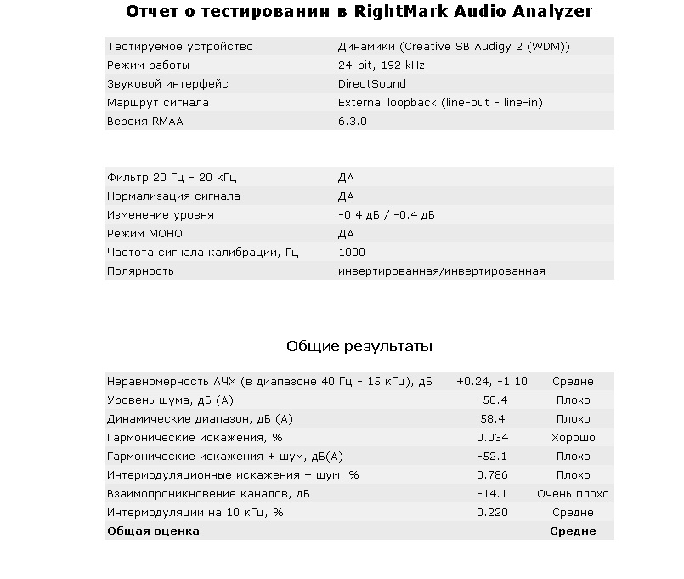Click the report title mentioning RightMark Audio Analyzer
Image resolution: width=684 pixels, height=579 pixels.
[x=359, y=12]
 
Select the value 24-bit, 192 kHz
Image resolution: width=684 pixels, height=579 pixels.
[x=382, y=65]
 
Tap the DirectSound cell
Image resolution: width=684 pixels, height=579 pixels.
[x=372, y=84]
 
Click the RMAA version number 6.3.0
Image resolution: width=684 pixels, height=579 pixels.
[x=353, y=122]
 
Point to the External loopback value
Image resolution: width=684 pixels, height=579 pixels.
[x=440, y=103]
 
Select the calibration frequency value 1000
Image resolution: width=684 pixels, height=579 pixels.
[x=352, y=253]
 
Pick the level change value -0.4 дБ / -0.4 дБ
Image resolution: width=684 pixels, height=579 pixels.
[x=386, y=215]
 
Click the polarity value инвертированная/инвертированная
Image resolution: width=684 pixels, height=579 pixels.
[x=442, y=271]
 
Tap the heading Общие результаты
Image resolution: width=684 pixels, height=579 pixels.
[x=359, y=347]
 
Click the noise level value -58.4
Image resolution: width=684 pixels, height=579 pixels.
[x=492, y=400]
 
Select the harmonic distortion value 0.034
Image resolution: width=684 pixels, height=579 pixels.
[x=493, y=438]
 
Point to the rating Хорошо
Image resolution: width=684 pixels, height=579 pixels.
[x=573, y=438]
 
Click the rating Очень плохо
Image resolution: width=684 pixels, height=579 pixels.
[x=573, y=494]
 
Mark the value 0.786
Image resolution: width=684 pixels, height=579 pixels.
[x=493, y=475]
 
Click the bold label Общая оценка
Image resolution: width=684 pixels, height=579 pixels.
[x=153, y=531]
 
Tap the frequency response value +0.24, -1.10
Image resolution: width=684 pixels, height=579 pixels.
[x=492, y=382]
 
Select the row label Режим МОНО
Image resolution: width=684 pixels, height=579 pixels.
[x=144, y=234]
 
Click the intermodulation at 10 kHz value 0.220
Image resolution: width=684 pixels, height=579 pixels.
[x=493, y=513]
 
